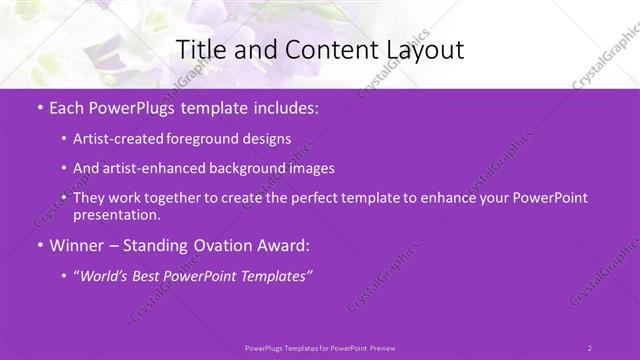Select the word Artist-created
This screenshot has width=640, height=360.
pyautogui.click(x=120, y=140)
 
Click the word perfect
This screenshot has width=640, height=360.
pyautogui.click(x=318, y=198)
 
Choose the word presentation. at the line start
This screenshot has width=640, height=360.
pyautogui.click(x=116, y=215)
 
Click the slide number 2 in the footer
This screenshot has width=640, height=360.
pyautogui.click(x=590, y=347)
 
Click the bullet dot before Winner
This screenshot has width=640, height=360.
pyautogui.click(x=39, y=245)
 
